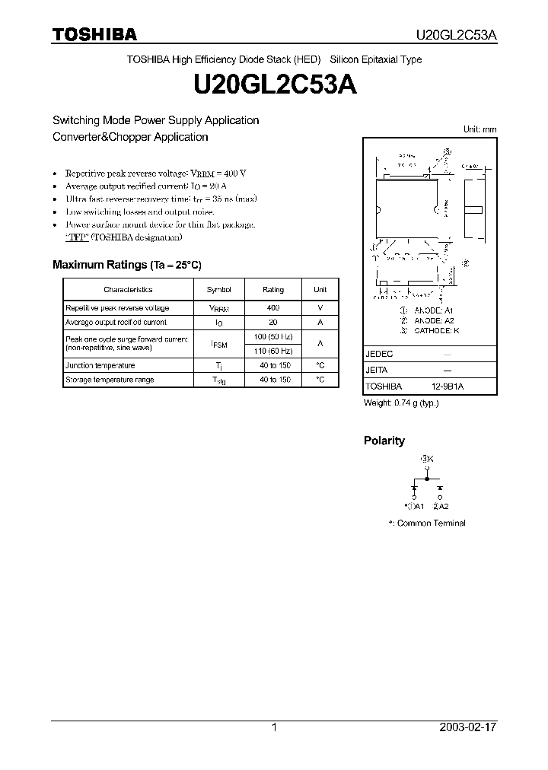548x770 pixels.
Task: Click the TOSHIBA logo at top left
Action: click(x=94, y=34)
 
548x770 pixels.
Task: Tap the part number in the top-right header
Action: click(x=455, y=35)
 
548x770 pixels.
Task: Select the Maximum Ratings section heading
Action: click(x=126, y=265)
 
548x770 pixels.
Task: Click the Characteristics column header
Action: click(x=128, y=290)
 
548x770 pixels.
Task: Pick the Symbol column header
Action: click(x=218, y=290)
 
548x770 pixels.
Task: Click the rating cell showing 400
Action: click(x=273, y=308)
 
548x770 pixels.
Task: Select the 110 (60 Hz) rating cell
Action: click(x=273, y=351)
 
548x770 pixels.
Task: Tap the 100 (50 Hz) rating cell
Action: click(x=273, y=337)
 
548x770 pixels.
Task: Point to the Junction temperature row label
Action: click(x=100, y=366)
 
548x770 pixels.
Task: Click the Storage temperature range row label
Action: click(x=110, y=380)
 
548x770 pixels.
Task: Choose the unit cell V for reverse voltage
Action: click(x=320, y=308)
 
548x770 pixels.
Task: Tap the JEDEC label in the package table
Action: click(x=379, y=355)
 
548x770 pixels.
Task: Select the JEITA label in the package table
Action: click(x=377, y=371)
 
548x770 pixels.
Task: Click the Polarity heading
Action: click(x=384, y=441)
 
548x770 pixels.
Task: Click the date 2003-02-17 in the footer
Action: click(x=467, y=727)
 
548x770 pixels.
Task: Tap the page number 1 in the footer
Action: click(x=274, y=727)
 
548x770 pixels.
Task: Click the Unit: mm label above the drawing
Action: click(x=480, y=129)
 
